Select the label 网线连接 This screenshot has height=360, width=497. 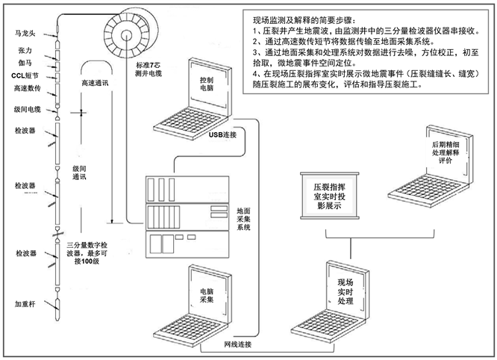tap(238, 344)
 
